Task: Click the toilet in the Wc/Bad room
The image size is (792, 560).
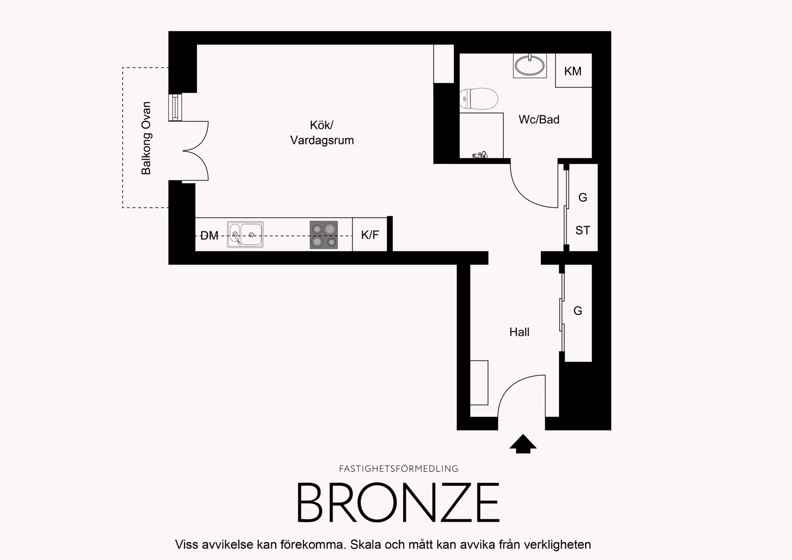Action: coord(478,99)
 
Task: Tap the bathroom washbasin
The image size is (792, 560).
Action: coord(529,65)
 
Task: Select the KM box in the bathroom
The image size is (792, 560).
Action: coord(573,70)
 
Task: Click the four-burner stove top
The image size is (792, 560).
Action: coord(324,235)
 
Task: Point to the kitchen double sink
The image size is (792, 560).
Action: coord(245,234)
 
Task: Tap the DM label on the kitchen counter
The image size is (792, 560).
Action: coord(209,236)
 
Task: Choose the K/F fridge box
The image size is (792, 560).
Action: coord(370,234)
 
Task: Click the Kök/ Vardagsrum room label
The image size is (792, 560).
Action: coord(322,133)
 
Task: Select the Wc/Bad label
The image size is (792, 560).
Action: coord(539,120)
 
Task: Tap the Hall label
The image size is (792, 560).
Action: coord(519,332)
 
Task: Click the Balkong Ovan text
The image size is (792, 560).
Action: coord(146,138)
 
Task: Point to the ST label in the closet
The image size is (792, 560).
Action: coord(583,230)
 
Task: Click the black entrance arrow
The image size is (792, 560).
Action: coord(523,444)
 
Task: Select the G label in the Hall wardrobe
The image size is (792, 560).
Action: coord(578,311)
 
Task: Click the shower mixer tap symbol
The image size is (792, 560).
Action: coord(480,155)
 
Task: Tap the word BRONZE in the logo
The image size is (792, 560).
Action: coord(398,503)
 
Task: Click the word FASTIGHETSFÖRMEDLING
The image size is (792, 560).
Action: coord(398,469)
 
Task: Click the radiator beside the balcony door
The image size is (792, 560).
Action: coord(175,107)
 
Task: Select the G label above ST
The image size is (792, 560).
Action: coord(583,198)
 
